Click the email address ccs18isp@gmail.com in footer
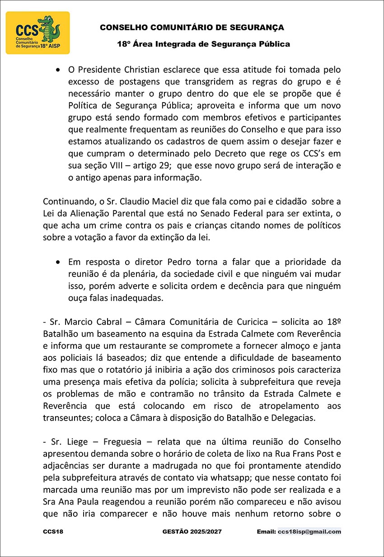[x=309, y=532]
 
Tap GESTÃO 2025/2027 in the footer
[x=192, y=532]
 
